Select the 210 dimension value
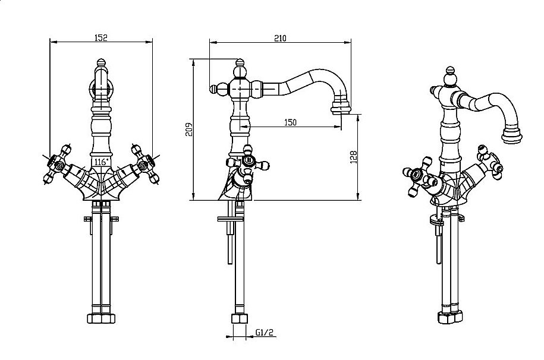click(x=280, y=38)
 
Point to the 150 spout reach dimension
click(x=290, y=122)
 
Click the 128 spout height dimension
click(x=353, y=157)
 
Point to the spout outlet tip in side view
click(x=342, y=108)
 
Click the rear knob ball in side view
click(x=215, y=89)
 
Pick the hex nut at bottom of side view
click(x=239, y=321)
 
